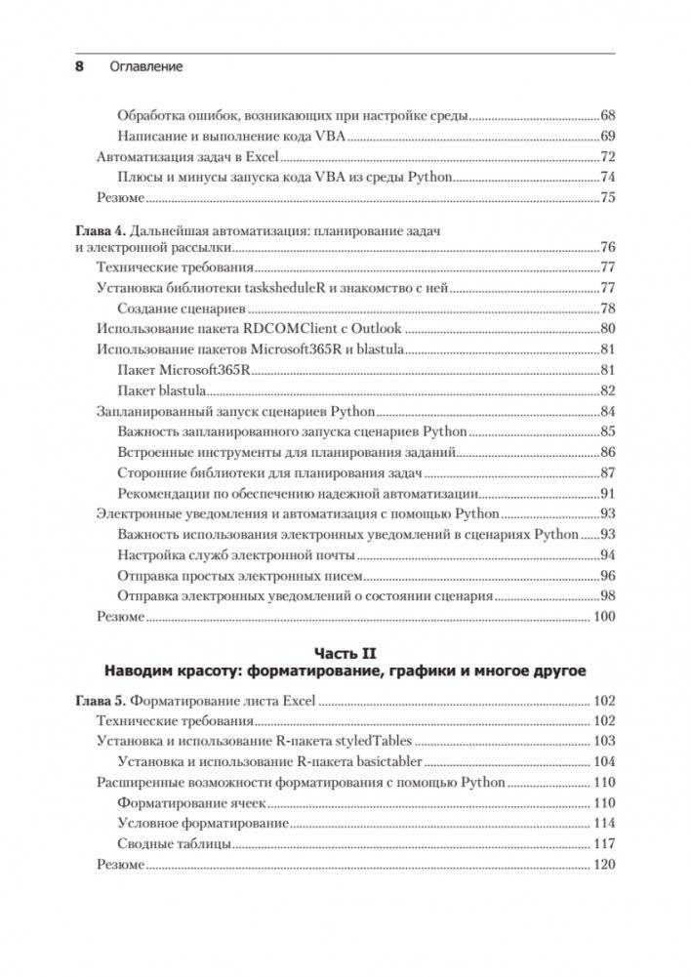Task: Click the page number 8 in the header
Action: click(80, 67)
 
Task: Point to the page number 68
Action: click(606, 114)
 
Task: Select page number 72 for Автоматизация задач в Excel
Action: click(606, 156)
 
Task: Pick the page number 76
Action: click(606, 246)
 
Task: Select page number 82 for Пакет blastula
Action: click(606, 390)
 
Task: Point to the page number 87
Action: click(606, 472)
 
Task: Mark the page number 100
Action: click(603, 616)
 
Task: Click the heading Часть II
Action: click(345, 651)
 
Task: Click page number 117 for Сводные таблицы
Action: click(603, 843)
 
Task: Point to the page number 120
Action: click(603, 865)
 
